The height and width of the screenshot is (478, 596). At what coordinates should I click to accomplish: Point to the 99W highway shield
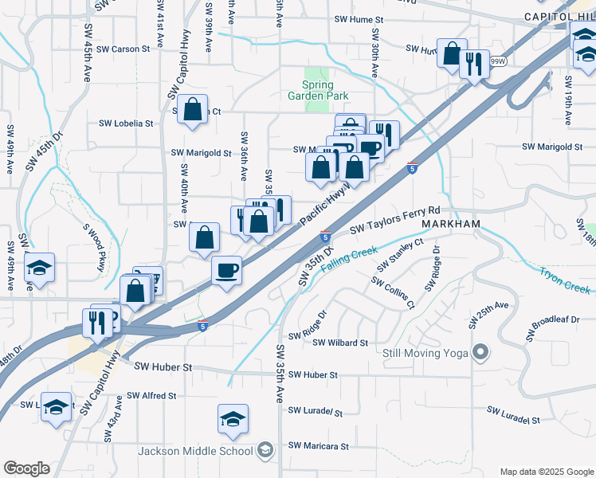point(499,61)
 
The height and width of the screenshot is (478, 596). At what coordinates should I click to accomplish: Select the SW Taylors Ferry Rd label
point(406,219)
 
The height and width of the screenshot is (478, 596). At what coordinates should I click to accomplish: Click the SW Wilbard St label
point(340,343)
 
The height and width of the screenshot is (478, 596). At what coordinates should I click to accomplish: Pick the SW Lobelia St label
point(125,123)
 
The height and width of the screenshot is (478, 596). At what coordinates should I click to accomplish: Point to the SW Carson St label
point(124,49)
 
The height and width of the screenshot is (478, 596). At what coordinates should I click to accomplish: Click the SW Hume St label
point(359,18)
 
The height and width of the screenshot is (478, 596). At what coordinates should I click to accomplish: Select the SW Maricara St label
point(318,445)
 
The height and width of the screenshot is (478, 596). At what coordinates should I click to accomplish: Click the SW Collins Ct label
point(394,294)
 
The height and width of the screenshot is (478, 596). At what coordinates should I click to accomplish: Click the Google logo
point(26,468)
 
